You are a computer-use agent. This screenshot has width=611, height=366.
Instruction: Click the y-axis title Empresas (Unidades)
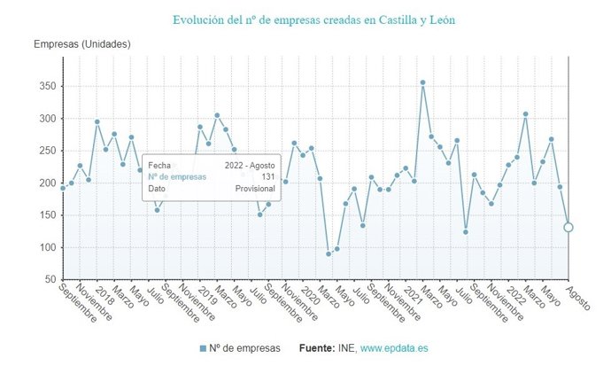coord(82,44)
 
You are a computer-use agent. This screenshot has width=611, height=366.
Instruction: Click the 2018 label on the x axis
coord(103,294)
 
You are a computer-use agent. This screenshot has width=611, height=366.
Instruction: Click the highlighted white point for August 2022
coord(568,227)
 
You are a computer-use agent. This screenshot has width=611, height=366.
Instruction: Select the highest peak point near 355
coord(422,82)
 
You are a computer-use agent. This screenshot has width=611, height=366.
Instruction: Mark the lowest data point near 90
coord(329,254)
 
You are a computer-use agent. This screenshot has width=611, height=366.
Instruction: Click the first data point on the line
coord(63,188)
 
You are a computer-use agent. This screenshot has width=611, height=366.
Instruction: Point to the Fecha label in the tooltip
coord(159,165)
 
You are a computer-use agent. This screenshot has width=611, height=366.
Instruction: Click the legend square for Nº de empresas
coord(204,348)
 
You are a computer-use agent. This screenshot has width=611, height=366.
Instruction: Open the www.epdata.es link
coord(393,348)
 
